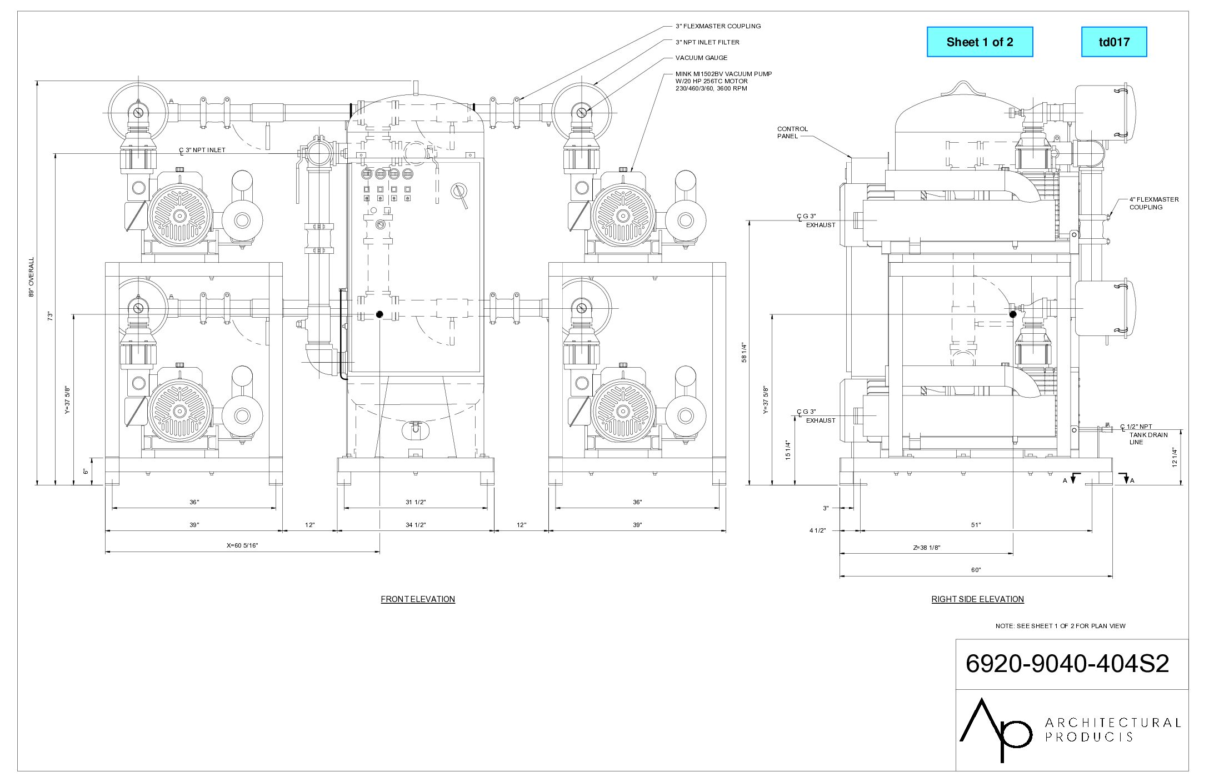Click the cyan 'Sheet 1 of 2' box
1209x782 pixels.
pyautogui.click(x=980, y=42)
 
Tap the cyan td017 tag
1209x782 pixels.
pyautogui.click(x=1114, y=42)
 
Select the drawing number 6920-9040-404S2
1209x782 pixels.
pyautogui.click(x=1067, y=664)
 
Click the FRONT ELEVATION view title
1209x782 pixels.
pyautogui.click(x=418, y=599)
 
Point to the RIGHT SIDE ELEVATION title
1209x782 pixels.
pyautogui.click(x=977, y=599)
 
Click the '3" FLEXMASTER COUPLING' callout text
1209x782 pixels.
pyautogui.click(x=718, y=26)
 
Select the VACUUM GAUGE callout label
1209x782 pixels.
pyautogui.click(x=701, y=58)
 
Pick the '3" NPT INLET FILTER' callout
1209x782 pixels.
pyautogui.click(x=707, y=42)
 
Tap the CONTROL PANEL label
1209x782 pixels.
pyautogui.click(x=792, y=132)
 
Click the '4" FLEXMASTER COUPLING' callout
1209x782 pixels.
pyautogui.click(x=1153, y=203)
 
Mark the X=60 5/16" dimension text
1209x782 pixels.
pyautogui.click(x=242, y=545)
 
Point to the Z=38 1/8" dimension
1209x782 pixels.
pyautogui.click(x=926, y=548)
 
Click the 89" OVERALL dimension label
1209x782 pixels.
pyautogui.click(x=32, y=277)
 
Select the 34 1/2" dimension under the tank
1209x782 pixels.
pyautogui.click(x=416, y=525)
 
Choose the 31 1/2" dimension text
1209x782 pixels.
pyautogui.click(x=416, y=502)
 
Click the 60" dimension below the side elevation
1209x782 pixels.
pyautogui.click(x=976, y=570)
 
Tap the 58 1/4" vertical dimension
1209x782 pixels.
pyautogui.click(x=744, y=353)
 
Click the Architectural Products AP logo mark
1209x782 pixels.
pyautogui.click(x=995, y=730)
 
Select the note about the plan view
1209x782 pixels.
pyautogui.click(x=1060, y=626)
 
